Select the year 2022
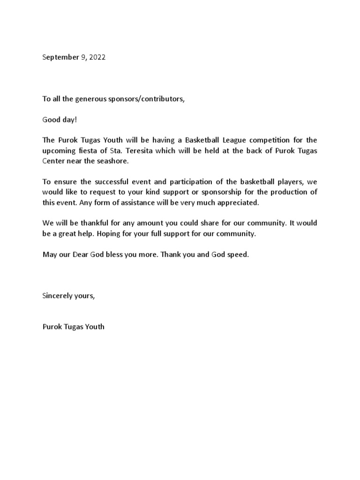(x=97, y=58)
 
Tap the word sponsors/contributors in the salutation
(x=142, y=99)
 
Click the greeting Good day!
(x=60, y=120)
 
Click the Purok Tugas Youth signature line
(x=74, y=326)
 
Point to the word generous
(x=93, y=99)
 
